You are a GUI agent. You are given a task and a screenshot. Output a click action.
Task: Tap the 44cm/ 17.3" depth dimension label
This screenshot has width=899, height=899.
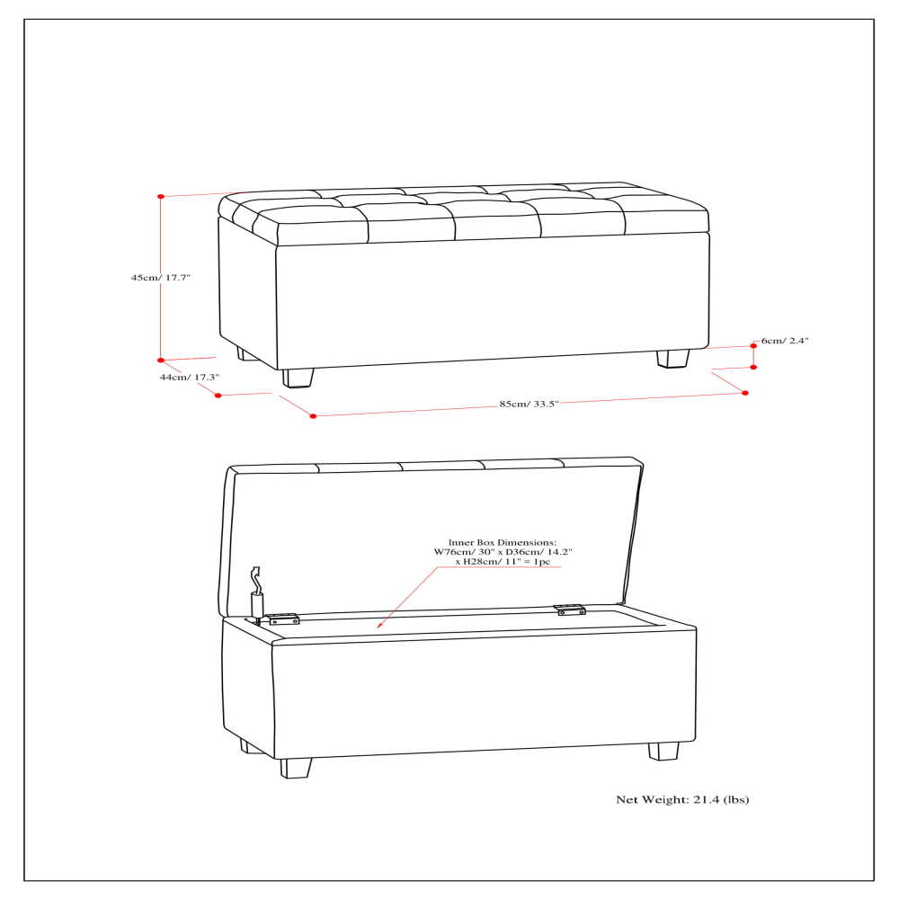click(190, 378)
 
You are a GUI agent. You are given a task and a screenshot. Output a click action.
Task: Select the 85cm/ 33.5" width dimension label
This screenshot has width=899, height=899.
click(530, 405)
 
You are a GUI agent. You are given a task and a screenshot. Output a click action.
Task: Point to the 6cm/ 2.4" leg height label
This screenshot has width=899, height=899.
click(785, 342)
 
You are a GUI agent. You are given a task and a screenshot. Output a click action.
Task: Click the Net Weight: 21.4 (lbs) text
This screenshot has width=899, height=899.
click(682, 798)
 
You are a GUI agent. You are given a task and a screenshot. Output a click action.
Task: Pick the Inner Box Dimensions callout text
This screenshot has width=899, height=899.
click(503, 552)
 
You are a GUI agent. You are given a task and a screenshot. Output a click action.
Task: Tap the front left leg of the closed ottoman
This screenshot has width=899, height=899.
click(298, 377)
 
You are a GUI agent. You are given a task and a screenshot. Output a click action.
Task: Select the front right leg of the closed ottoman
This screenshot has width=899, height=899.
click(672, 358)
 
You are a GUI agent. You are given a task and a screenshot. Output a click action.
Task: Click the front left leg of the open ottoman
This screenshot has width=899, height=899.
click(295, 767)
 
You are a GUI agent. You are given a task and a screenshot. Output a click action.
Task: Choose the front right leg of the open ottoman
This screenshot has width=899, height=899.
click(664, 751)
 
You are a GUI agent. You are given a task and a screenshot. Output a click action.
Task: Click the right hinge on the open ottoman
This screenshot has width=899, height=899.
click(570, 610)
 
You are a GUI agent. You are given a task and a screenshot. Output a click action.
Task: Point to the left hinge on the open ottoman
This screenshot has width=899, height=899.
click(283, 619)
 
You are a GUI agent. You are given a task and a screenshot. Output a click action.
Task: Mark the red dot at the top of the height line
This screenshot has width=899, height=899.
click(161, 196)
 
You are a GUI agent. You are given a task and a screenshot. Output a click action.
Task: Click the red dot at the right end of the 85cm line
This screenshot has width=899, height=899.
click(745, 392)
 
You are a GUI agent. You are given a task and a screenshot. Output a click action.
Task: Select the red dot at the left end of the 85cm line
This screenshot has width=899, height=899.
click(313, 415)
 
